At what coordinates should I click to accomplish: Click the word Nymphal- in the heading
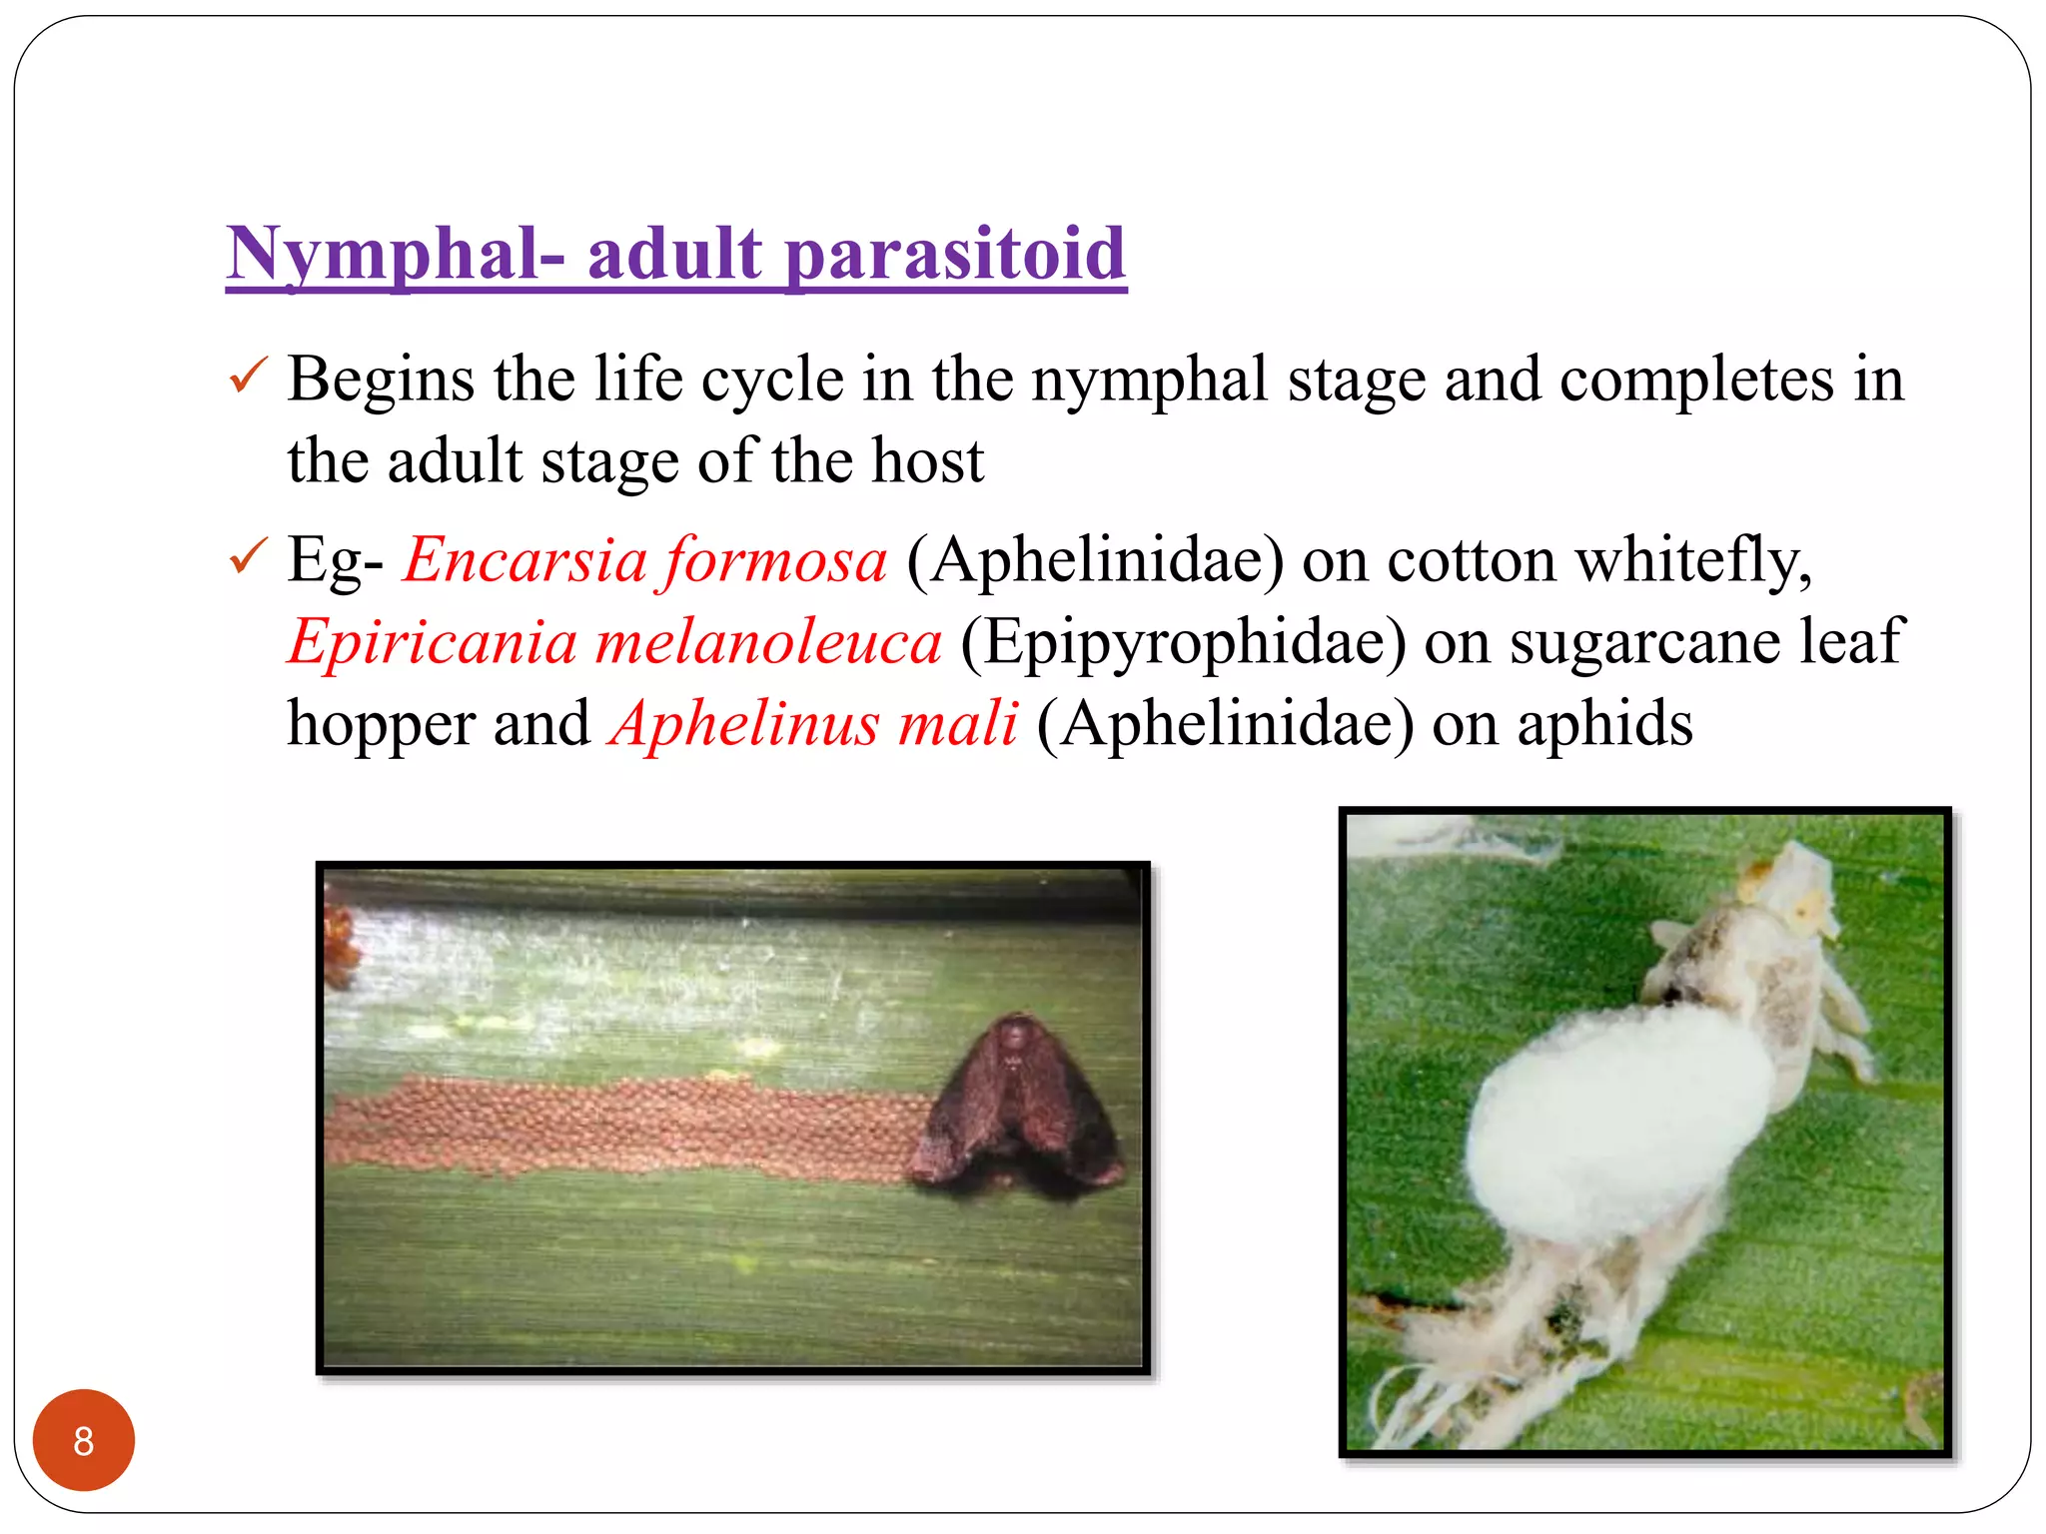[x=395, y=254]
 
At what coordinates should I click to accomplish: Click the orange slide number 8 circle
[x=84, y=1440]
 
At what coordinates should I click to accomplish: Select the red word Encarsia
[x=525, y=559]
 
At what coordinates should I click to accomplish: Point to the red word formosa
[x=776, y=559]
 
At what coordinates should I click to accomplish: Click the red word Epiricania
[x=432, y=641]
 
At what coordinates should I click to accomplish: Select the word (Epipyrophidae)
[x=1183, y=641]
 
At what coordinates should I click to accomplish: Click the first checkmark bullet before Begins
[x=248, y=376]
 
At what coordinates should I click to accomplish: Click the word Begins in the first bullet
[x=381, y=380]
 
